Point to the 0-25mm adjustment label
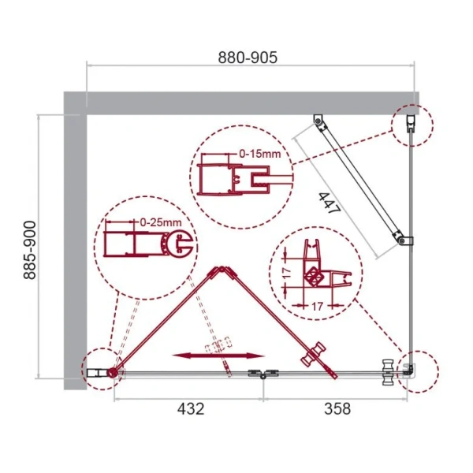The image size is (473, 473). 159,224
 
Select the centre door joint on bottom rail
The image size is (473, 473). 259,374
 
